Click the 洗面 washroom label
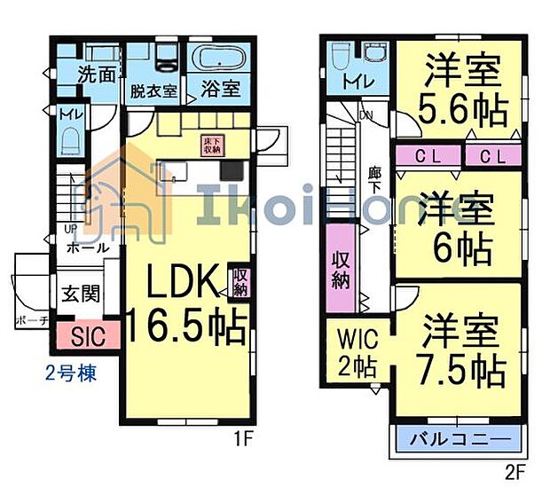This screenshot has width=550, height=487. click(96, 74)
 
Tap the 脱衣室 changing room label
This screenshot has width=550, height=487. click(153, 90)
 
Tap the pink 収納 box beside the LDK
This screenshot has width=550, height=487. click(240, 282)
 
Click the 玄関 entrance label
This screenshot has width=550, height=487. click(77, 293)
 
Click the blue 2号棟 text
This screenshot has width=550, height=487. click(70, 373)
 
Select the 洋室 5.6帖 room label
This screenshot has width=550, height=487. click(459, 89)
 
